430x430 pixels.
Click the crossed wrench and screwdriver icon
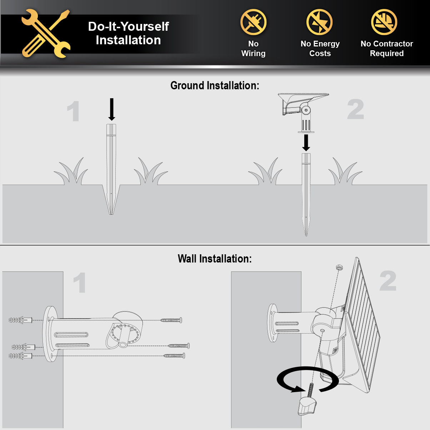(x=46, y=34)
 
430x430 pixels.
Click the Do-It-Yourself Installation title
(x=128, y=33)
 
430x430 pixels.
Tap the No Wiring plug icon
(x=253, y=22)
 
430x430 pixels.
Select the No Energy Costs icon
(x=320, y=22)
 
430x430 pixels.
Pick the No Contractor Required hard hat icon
(x=384, y=22)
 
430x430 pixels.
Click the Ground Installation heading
(x=215, y=86)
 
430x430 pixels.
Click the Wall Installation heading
(x=215, y=259)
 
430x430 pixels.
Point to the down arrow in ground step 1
(x=111, y=109)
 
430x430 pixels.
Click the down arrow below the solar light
(x=306, y=142)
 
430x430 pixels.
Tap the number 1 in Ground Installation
(x=74, y=111)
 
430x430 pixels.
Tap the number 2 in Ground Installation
(x=355, y=110)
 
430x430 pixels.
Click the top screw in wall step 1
(x=171, y=320)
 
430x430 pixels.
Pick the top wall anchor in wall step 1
(x=20, y=320)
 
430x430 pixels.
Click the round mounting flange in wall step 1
(x=50, y=334)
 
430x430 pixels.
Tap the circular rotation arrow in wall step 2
(x=307, y=381)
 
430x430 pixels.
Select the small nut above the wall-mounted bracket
(x=339, y=267)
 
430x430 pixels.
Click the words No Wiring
(x=253, y=49)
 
